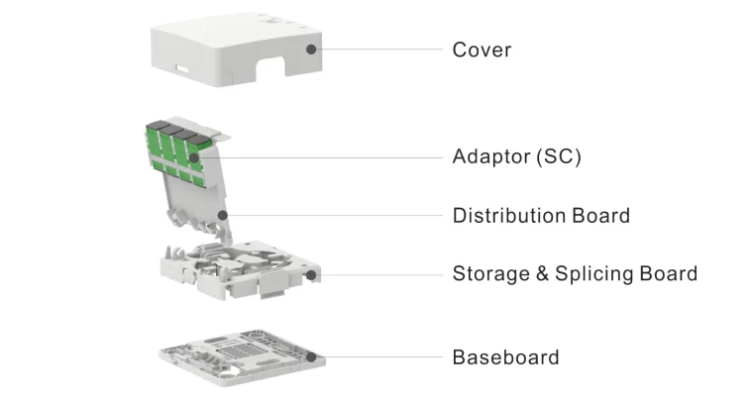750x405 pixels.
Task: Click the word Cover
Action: point(482,50)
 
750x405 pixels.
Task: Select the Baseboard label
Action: point(505,357)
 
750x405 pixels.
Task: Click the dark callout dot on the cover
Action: point(311,48)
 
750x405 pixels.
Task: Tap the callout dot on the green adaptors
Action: point(196,155)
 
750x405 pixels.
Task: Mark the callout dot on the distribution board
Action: point(224,214)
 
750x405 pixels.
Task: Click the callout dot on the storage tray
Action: point(311,274)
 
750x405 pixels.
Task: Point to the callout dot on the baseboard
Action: point(311,356)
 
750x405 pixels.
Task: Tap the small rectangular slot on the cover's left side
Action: point(183,70)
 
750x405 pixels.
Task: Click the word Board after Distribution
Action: point(600,216)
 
